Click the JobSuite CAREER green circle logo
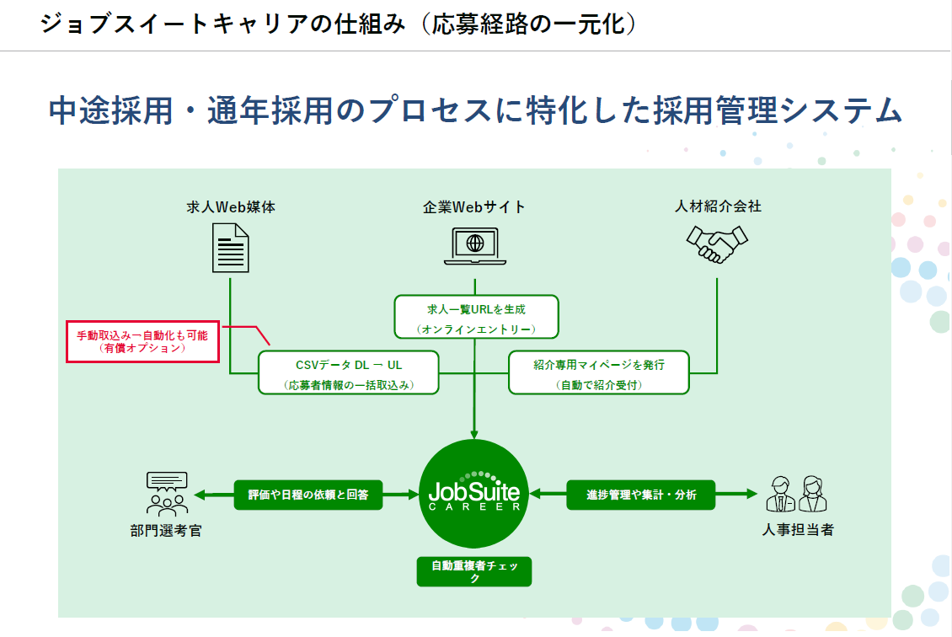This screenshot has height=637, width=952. [x=474, y=494]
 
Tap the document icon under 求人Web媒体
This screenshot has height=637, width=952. [x=230, y=247]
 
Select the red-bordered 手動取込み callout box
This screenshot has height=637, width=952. [x=142, y=340]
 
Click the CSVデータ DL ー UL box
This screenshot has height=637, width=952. [x=349, y=372]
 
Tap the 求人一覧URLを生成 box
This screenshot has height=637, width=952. [x=476, y=317]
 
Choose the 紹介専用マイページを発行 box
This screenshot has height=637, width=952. [x=599, y=372]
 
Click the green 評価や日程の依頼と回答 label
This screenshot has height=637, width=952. [x=308, y=495]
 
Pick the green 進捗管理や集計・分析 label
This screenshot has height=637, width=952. [x=641, y=495]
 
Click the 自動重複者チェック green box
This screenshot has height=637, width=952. [x=475, y=571]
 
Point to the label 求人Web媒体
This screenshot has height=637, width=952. [x=231, y=206]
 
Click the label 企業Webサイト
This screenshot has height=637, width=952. [x=474, y=206]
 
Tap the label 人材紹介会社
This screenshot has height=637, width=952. [x=718, y=206]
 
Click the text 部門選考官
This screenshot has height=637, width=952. [x=166, y=531]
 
